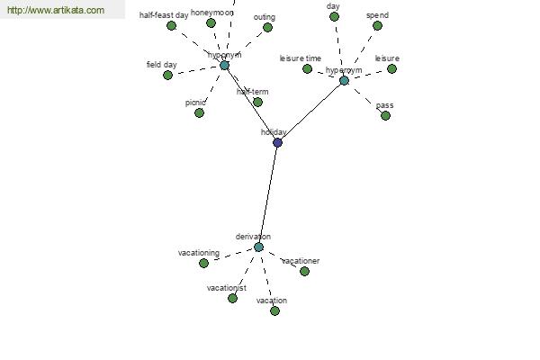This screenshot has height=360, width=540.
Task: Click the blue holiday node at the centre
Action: click(277, 142)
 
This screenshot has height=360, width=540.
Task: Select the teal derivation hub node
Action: click(258, 247)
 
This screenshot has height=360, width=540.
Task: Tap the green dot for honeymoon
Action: click(211, 23)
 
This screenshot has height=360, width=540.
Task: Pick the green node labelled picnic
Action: click(199, 112)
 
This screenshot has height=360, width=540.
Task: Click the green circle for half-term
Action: click(257, 102)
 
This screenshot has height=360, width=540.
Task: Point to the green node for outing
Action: click(267, 28)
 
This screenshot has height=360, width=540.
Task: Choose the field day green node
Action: click(167, 75)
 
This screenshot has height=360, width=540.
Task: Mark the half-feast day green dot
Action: click(171, 25)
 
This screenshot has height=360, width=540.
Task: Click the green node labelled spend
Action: click(377, 26)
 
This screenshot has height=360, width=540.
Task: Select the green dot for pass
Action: click(385, 115)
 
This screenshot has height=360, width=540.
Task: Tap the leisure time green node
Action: click(307, 68)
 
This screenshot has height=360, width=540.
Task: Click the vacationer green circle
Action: click(304, 271)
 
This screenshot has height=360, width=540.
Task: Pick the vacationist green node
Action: click(232, 298)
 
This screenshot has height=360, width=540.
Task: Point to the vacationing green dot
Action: click(203, 263)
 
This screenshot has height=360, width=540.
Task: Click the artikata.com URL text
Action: click(56, 11)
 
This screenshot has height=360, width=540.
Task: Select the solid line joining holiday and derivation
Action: click(268, 193)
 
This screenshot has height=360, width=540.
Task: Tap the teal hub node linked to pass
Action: click(344, 80)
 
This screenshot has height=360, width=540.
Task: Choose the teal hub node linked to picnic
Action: click(224, 65)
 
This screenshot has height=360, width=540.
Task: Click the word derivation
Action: click(253, 237)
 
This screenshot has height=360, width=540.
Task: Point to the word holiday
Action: click(274, 132)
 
